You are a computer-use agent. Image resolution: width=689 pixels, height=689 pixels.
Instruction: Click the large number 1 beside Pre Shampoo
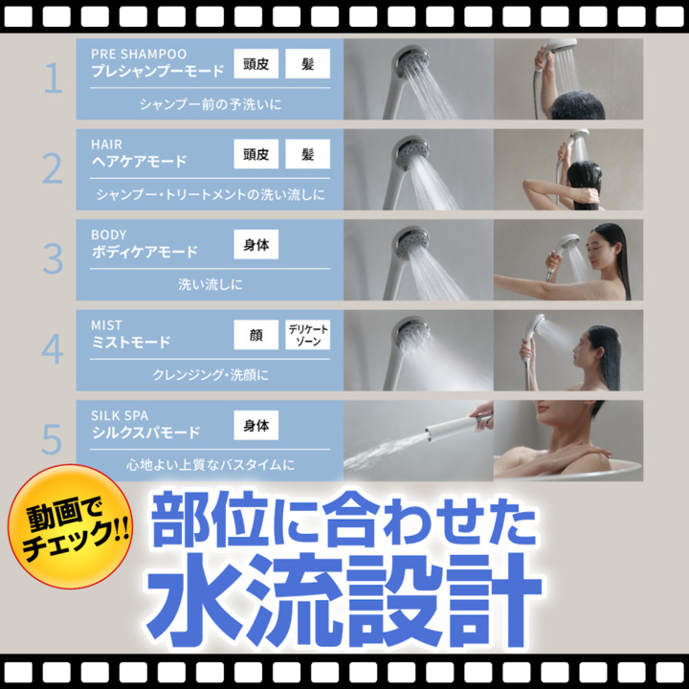pyautogui.click(x=54, y=78)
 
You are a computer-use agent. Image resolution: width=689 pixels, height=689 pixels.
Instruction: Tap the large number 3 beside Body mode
pyautogui.click(x=54, y=259)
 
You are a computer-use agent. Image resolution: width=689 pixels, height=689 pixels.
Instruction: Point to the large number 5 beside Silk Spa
pyautogui.click(x=52, y=440)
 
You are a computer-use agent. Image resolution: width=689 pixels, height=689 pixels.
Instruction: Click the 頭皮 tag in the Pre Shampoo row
pyautogui.click(x=256, y=64)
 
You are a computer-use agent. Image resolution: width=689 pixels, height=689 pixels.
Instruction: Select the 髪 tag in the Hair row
pyautogui.click(x=307, y=154)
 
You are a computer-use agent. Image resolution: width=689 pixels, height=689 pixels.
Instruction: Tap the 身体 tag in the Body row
pyautogui.click(x=256, y=244)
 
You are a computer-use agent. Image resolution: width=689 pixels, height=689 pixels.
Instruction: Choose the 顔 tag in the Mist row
pyautogui.click(x=256, y=335)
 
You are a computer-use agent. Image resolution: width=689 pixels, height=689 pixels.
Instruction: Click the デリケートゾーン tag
pyautogui.click(x=307, y=335)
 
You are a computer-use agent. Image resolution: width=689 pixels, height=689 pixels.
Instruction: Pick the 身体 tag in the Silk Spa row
pyautogui.click(x=256, y=425)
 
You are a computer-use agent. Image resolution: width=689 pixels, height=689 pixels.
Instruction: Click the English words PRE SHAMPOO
pyautogui.click(x=139, y=54)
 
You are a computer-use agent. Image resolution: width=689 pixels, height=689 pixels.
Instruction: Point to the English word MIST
pyautogui.click(x=106, y=325)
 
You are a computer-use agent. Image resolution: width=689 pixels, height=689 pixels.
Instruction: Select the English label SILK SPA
pyautogui.click(x=120, y=415)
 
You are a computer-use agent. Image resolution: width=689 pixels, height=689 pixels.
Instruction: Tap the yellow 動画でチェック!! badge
pyautogui.click(x=70, y=526)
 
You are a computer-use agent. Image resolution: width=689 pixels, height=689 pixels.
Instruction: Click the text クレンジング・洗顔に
pyautogui.click(x=210, y=375)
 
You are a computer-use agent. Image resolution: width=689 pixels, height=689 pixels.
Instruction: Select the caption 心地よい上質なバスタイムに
pyautogui.click(x=210, y=465)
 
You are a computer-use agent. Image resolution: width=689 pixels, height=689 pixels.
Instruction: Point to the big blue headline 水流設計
pyautogui.click(x=344, y=600)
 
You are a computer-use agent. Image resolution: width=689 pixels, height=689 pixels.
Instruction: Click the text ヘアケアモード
pyautogui.click(x=139, y=162)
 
